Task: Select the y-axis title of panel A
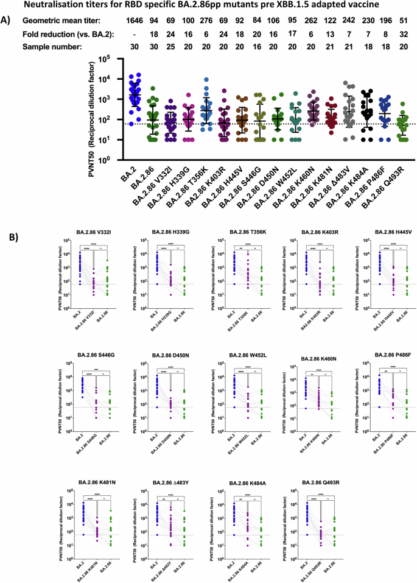(x=89, y=113)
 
